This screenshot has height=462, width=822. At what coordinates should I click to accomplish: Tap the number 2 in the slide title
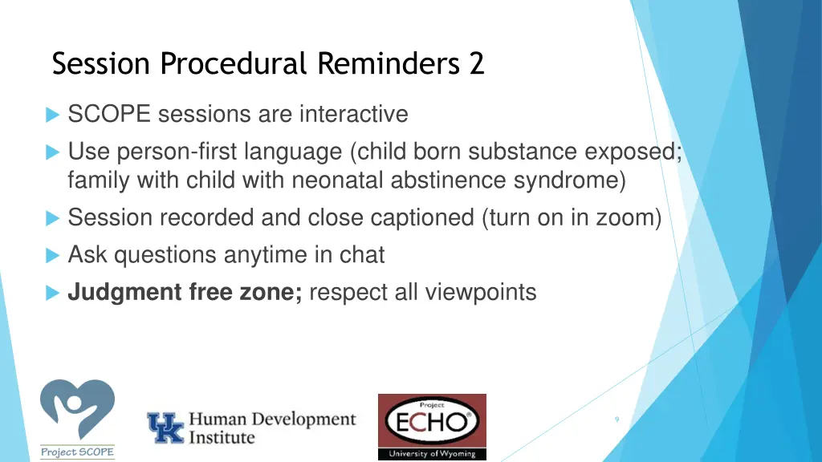[x=477, y=63]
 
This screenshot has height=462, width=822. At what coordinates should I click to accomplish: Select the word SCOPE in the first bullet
[x=110, y=115]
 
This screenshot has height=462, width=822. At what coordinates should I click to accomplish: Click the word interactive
[x=353, y=115]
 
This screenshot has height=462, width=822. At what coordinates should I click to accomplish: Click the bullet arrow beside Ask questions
[x=53, y=256]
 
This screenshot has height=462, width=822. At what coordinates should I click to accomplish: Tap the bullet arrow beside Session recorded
[x=53, y=218]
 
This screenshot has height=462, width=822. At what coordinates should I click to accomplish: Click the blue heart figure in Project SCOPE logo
[x=77, y=410]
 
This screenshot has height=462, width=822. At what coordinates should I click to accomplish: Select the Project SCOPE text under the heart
[x=77, y=452]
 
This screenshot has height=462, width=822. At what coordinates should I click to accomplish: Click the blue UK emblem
[x=165, y=428]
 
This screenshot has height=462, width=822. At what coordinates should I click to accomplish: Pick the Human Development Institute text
[x=271, y=428]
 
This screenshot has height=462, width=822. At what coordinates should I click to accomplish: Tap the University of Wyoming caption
[x=432, y=454]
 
